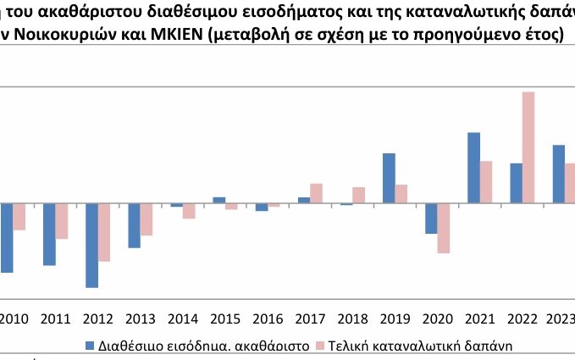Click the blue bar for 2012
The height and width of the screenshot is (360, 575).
tap(91, 245)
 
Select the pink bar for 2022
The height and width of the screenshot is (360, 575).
tap(528, 147)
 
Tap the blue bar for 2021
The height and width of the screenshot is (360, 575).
tap(473, 168)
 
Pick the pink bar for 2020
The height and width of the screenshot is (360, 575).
tap(444, 228)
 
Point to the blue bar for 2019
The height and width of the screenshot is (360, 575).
tap(389, 178)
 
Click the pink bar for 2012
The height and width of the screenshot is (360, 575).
tap(104, 232)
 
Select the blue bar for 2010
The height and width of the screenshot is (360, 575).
tap(7, 238)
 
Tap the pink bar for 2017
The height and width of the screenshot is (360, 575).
tap(316, 193)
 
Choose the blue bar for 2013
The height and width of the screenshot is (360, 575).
tap(134, 225)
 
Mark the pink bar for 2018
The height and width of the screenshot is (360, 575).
tap(358, 195)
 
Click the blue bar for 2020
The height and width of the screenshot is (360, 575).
tap(431, 219)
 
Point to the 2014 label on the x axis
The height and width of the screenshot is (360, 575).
tap(183, 319)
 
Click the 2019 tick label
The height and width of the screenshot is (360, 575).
tap(395, 319)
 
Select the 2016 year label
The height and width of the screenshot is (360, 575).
tap(268, 319)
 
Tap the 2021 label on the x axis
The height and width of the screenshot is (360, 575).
tap(480, 319)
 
